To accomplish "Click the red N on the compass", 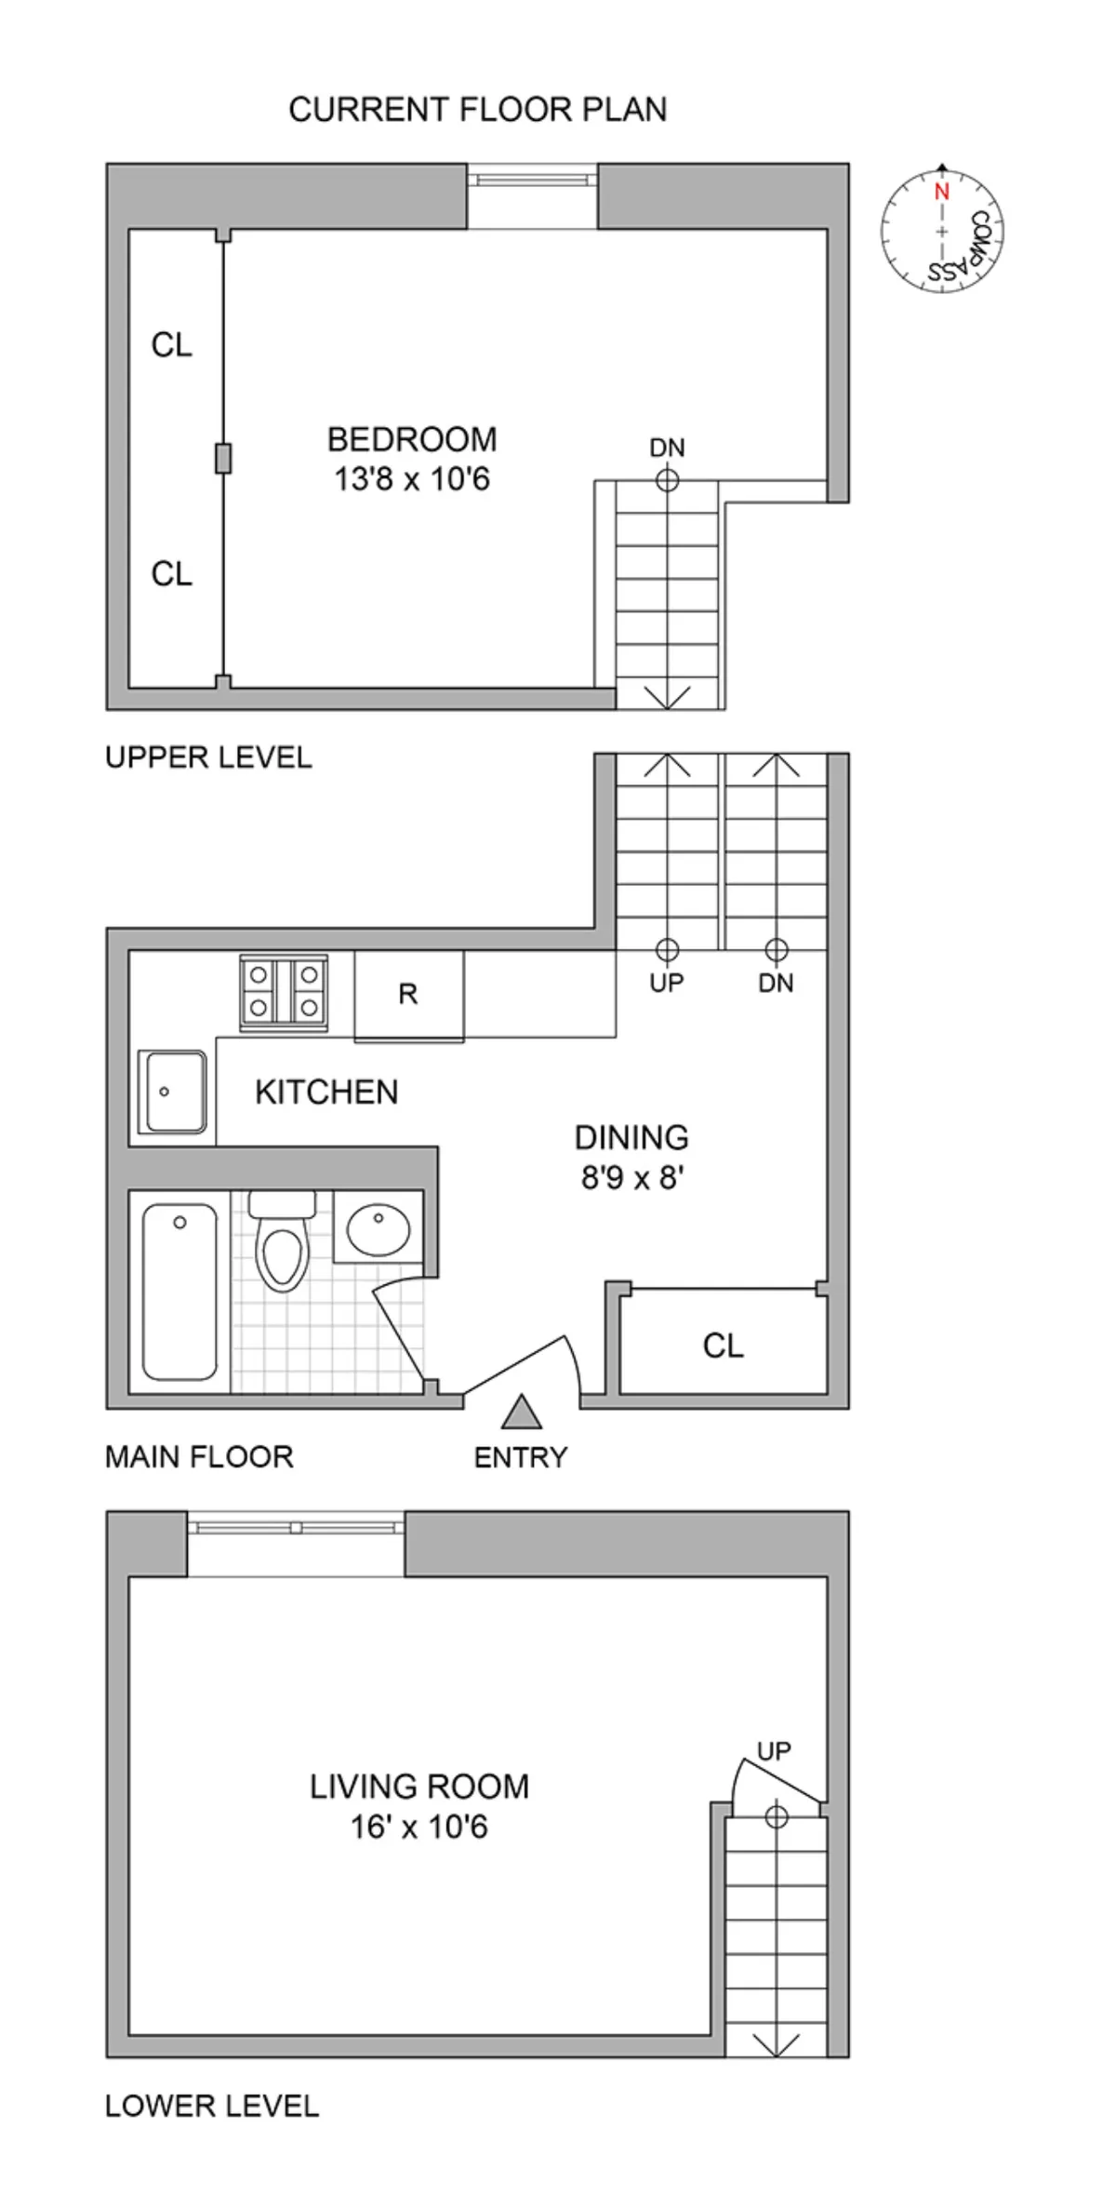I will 941,193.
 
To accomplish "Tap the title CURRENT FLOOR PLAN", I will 477,110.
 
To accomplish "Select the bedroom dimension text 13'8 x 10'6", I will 412,480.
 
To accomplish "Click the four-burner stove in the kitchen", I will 284,994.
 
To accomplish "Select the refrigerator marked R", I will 408,995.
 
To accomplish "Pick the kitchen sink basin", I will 172,1091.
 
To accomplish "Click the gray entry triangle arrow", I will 522,1412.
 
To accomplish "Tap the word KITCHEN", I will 326,1092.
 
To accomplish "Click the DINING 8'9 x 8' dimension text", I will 632,1179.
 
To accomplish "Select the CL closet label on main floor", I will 723,1345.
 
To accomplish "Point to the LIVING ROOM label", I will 419,1787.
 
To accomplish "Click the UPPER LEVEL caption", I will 208,757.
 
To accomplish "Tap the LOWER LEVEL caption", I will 212,2106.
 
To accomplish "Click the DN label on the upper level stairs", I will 667,448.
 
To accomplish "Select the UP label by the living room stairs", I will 774,1751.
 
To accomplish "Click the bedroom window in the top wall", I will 531,178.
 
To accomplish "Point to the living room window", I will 296,1528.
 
